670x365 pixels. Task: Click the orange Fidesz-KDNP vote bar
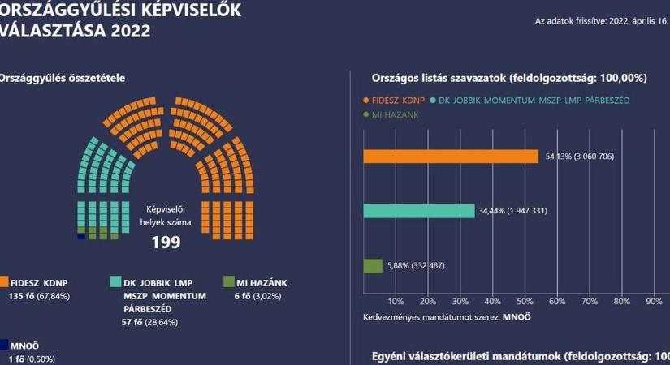tap(451, 157)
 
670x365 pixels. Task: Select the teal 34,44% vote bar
tap(419, 211)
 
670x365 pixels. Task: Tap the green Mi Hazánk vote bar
tap(374, 265)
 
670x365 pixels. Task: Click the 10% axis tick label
tap(396, 301)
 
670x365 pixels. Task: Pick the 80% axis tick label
tap(621, 301)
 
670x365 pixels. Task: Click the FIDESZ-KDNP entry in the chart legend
tap(397, 100)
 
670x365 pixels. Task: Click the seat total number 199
tap(166, 241)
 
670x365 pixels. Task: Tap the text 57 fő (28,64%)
tap(149, 322)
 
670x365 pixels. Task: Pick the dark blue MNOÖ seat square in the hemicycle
tap(81, 236)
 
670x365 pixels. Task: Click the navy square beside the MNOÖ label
tap(4, 343)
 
